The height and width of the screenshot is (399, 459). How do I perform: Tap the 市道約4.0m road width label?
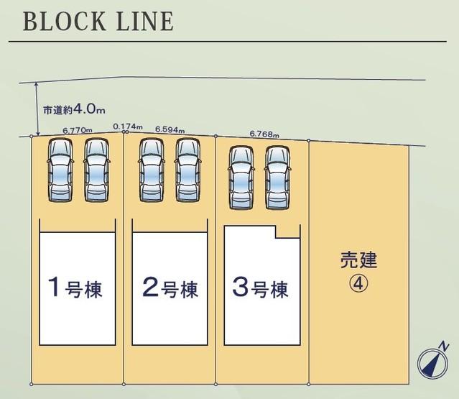point(74,109)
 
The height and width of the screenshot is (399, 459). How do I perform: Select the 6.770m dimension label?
point(78,130)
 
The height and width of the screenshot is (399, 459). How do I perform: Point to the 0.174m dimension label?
point(128,127)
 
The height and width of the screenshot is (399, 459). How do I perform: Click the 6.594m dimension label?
point(170,129)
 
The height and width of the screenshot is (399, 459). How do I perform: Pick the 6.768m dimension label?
point(264,134)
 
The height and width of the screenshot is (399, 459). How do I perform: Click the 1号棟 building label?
point(75,288)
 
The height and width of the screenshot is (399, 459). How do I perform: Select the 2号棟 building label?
point(170,288)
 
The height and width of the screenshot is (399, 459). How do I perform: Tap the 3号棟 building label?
point(260,288)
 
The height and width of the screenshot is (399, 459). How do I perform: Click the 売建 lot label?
point(358,260)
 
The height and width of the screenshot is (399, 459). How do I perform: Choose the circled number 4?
point(358,283)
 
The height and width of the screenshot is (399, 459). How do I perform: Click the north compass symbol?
point(432,363)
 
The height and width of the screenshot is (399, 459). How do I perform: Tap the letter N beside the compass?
point(445,347)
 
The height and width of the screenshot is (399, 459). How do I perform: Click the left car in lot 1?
point(60,170)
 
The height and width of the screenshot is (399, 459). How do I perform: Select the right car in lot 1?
point(97,170)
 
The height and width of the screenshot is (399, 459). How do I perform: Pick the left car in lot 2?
point(152,170)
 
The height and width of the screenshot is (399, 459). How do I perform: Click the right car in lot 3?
point(277,178)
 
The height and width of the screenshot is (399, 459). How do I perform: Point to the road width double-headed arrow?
point(37,109)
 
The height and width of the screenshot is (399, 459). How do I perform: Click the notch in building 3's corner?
point(287,231)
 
